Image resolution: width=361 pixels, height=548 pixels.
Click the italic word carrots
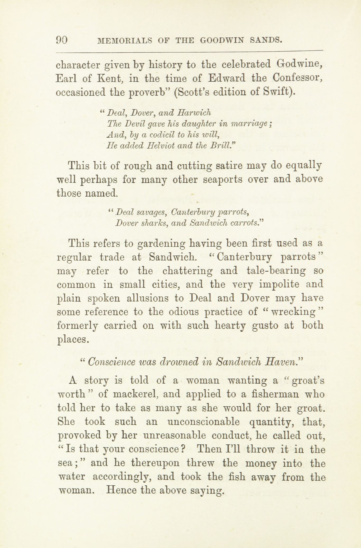click(x=246, y=223)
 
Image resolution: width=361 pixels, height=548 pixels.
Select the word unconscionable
click(x=203, y=422)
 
